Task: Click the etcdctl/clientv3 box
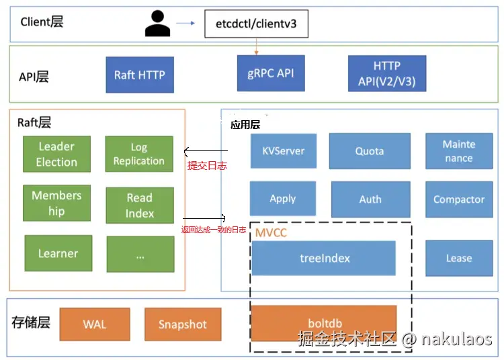pyautogui.click(x=256, y=26)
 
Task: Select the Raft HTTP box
pyautogui.click(x=140, y=75)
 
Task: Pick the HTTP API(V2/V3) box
pyautogui.click(x=387, y=75)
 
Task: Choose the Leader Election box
pyautogui.click(x=56, y=154)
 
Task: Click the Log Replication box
pyautogui.click(x=139, y=154)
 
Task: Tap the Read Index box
pyautogui.click(x=140, y=205)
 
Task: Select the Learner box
pyautogui.click(x=58, y=253)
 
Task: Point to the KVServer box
pyautogui.click(x=283, y=151)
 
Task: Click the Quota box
pyautogui.click(x=370, y=151)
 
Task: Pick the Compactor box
pyautogui.click(x=459, y=199)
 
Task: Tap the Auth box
pyautogui.click(x=370, y=199)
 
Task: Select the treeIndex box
pyautogui.click(x=324, y=258)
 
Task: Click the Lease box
pyautogui.click(x=459, y=258)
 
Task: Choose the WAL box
pyautogui.click(x=95, y=324)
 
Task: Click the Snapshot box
pyautogui.click(x=182, y=324)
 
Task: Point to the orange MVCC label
pyautogui.click(x=271, y=233)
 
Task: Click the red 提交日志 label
pyautogui.click(x=206, y=165)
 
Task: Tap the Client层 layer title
pyautogui.click(x=42, y=22)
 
